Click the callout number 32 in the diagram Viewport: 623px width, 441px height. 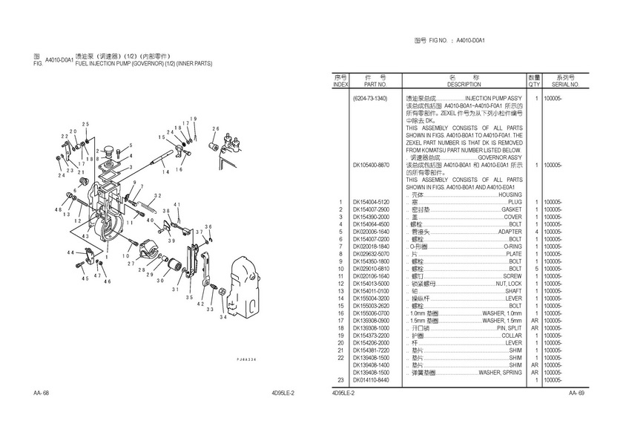[156, 196]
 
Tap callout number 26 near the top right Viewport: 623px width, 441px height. [215, 128]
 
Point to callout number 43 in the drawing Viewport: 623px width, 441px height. [86, 236]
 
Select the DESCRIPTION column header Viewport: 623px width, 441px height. [464, 85]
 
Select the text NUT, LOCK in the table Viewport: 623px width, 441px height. [509, 284]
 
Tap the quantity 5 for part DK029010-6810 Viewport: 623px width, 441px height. [535, 268]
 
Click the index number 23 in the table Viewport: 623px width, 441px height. [340, 380]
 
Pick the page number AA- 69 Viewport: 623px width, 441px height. [577, 392]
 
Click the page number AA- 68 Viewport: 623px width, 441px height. [42, 392]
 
